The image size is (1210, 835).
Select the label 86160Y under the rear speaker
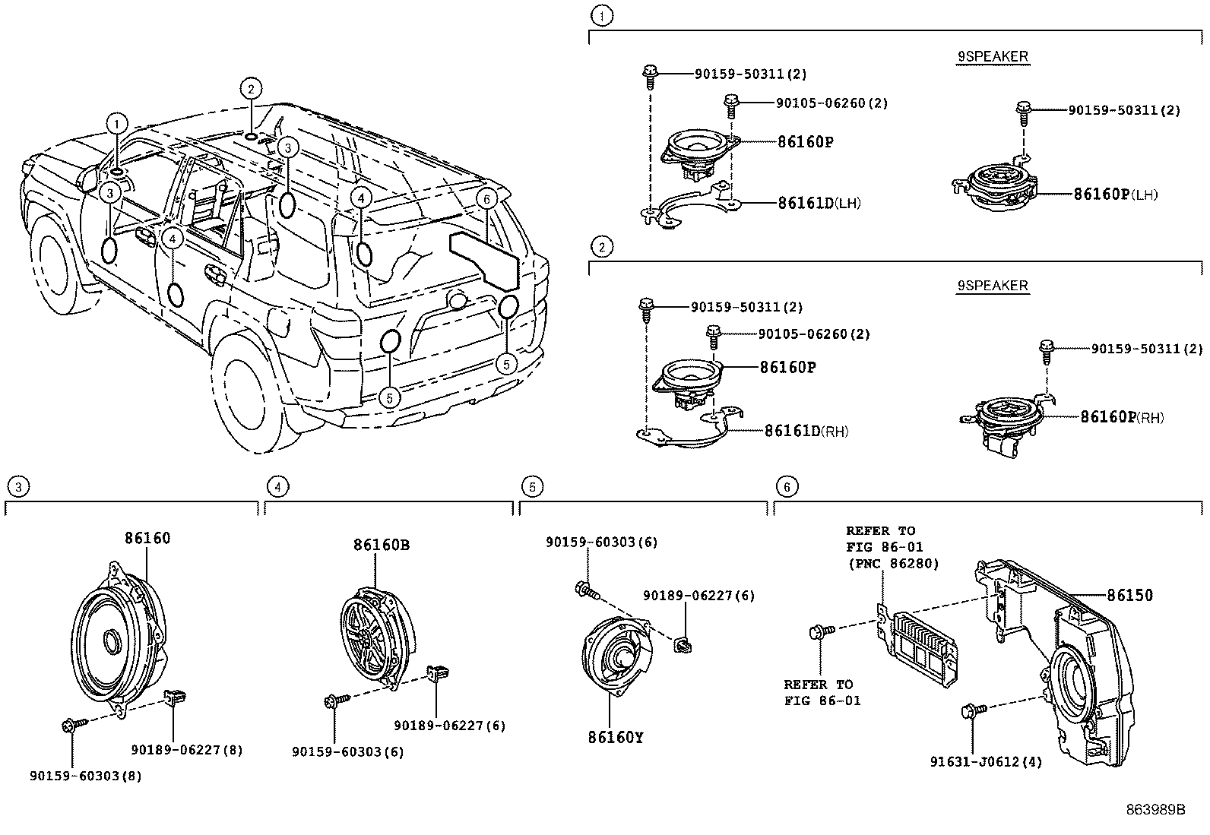point(615,737)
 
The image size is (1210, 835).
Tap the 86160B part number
point(381,545)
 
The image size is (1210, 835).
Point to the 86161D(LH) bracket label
point(819,203)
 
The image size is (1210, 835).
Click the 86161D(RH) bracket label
point(806,431)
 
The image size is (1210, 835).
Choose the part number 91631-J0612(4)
point(986,761)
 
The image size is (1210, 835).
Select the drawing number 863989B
point(1155,810)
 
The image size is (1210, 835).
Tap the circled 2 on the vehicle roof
point(251,89)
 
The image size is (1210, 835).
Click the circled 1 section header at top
point(602,14)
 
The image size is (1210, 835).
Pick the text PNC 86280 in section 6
point(893,564)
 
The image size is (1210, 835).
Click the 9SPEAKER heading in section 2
point(992,286)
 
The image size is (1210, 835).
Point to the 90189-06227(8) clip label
point(186,750)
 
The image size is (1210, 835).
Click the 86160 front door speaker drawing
point(118,638)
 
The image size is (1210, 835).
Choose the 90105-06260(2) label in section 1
point(831,103)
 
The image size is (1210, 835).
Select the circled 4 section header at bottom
point(278,486)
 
